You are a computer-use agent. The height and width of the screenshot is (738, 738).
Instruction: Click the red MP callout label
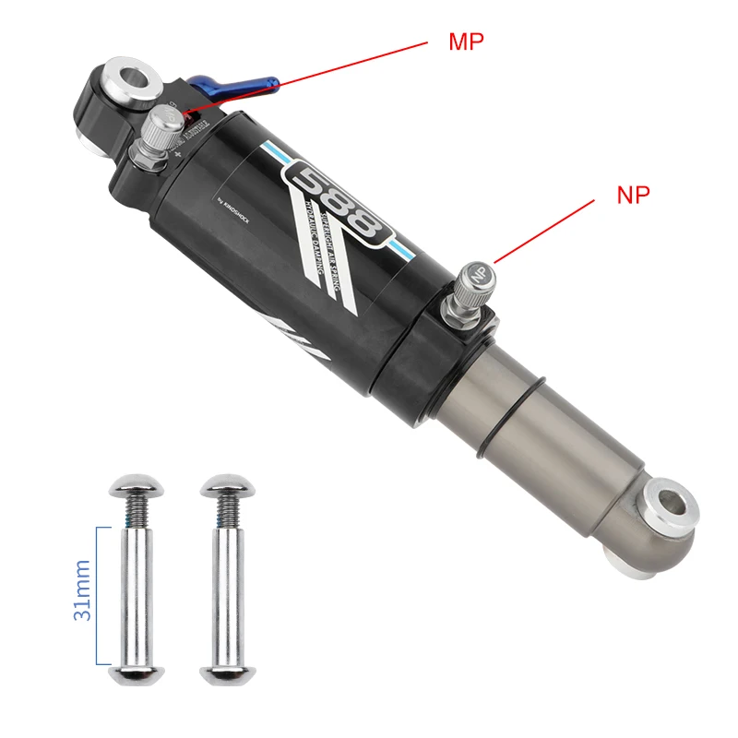tap(466, 42)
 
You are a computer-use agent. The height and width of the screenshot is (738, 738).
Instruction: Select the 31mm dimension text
tap(82, 589)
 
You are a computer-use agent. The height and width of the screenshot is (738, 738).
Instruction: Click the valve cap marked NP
tap(478, 273)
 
